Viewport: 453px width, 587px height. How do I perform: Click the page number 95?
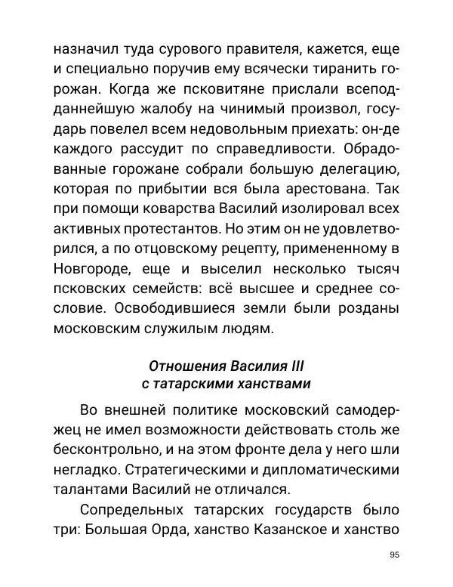point(394,555)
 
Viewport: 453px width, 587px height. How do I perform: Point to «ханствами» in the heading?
point(274,384)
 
